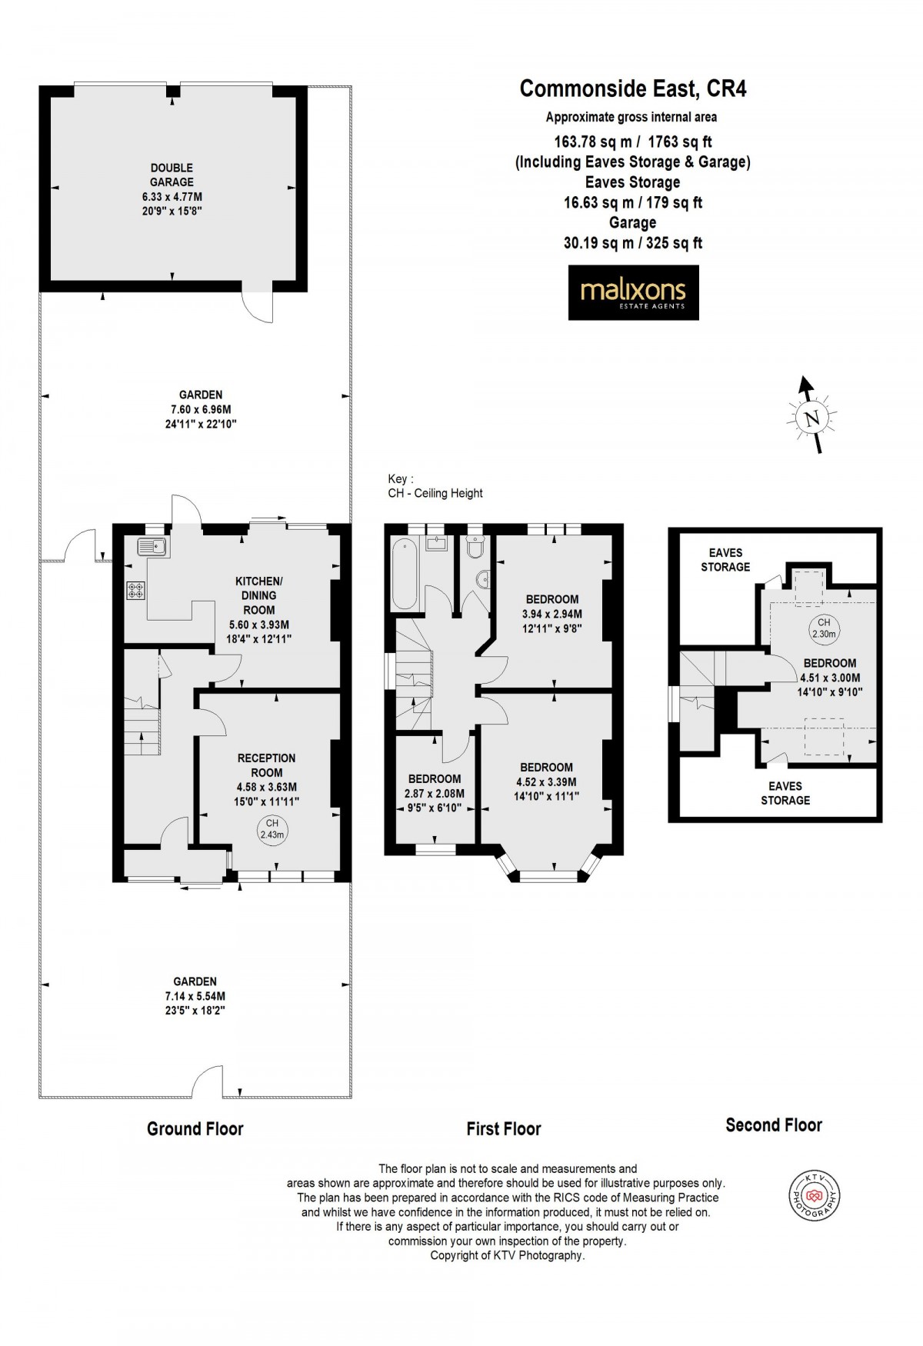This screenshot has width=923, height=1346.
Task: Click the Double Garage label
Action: pyautogui.click(x=172, y=175)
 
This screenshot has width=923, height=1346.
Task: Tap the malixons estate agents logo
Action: pyautogui.click(x=633, y=292)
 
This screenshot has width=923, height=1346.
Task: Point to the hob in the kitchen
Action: pyautogui.click(x=136, y=591)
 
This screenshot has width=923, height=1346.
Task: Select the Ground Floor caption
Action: pyautogui.click(x=195, y=1128)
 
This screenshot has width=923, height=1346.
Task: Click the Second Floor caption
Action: pyautogui.click(x=773, y=1125)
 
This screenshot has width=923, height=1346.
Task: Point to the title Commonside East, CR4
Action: pyautogui.click(x=632, y=89)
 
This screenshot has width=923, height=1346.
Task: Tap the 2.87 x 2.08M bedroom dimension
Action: pyautogui.click(x=435, y=793)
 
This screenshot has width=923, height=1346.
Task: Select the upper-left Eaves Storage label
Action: pyautogui.click(x=725, y=559)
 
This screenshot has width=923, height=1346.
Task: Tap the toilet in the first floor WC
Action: pyautogui.click(x=475, y=548)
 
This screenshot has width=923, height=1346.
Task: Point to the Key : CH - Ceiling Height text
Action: pyautogui.click(x=435, y=486)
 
